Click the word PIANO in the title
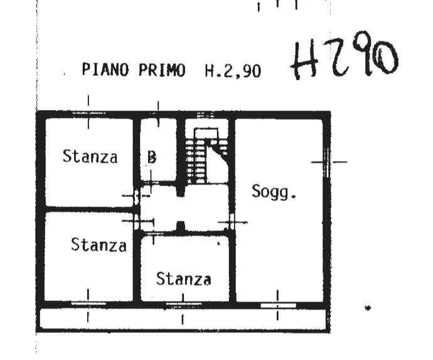point(105,70)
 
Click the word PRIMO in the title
point(162,70)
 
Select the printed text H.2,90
point(233,71)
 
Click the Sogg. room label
point(274,191)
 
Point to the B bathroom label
point(152,157)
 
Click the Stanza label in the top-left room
point(90,156)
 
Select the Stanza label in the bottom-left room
point(99,245)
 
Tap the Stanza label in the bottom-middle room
point(184,278)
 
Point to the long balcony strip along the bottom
point(183,319)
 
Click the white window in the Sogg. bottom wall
point(279,305)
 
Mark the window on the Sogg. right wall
point(327,162)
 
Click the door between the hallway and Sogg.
point(232,222)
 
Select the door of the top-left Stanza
point(136,196)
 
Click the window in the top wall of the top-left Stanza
point(88,113)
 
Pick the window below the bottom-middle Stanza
point(183,304)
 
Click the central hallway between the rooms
point(184,208)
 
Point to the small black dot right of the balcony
point(368,307)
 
